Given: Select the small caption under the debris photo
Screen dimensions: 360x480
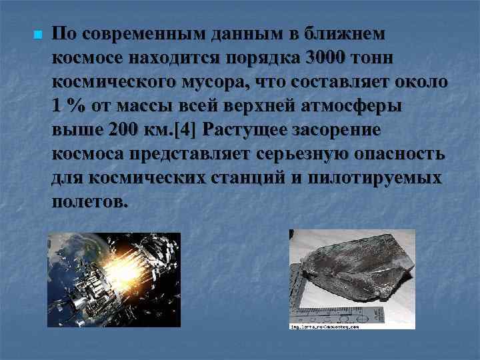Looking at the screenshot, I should [325, 327].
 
